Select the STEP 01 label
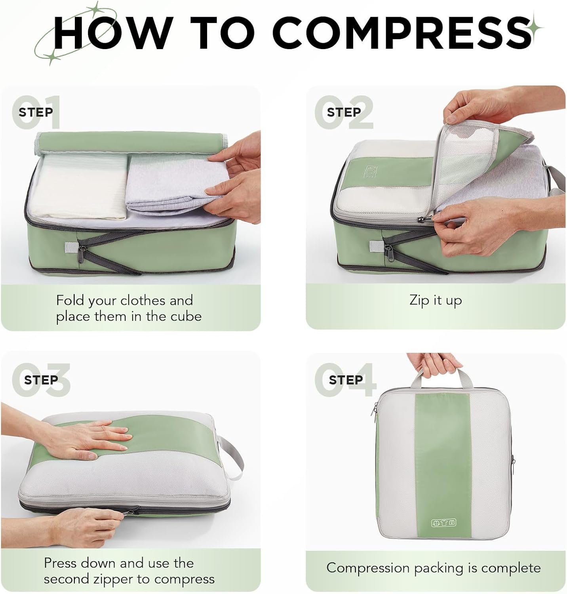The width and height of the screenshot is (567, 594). (36, 112)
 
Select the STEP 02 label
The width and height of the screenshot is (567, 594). (344, 112)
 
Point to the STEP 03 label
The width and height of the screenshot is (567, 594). (41, 380)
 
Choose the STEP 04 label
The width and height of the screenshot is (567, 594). (346, 380)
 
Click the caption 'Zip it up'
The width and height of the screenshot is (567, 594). (436, 301)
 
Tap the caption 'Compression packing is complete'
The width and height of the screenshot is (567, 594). (434, 568)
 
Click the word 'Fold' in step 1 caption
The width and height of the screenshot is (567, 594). (70, 301)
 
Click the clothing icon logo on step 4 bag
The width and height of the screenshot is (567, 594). (443, 523)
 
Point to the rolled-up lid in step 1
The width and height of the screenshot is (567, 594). (131, 143)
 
